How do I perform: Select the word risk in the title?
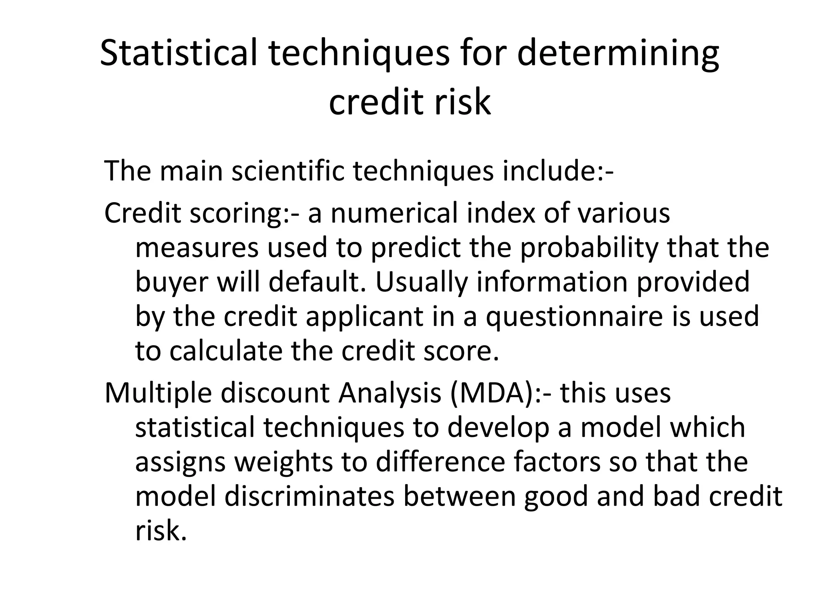click(x=460, y=102)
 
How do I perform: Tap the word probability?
click(x=589, y=248)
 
